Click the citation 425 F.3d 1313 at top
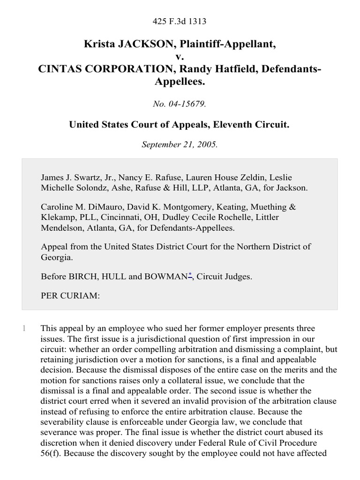pos(180,22)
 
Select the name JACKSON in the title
pos(139,45)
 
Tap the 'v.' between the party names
pos(180,57)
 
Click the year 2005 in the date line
pos(207,145)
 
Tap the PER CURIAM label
pos(70,296)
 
